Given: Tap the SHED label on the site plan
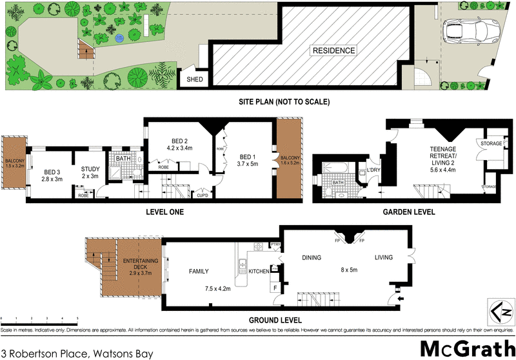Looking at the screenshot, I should (x=194, y=79).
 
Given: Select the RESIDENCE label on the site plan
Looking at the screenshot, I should (x=333, y=50).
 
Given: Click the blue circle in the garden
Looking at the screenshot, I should (x=119, y=39).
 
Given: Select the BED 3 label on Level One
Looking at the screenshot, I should (x=52, y=172).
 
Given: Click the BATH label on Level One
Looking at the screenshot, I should (x=123, y=158).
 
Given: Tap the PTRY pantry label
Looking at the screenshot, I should (x=275, y=244).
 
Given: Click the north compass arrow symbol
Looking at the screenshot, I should (x=496, y=312).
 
